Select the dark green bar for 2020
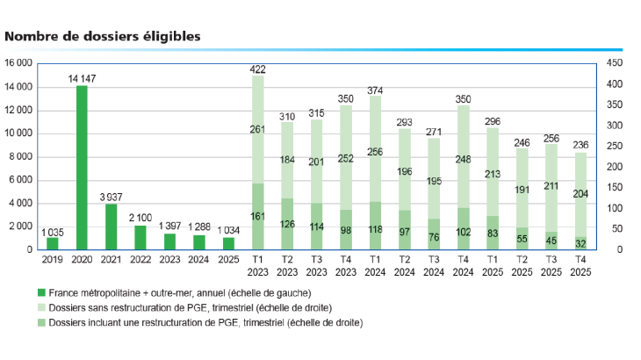coord(82,167)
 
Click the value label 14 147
coord(82,78)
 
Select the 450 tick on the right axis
coord(612,64)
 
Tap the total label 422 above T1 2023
coord(258,68)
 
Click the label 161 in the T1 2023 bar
coord(258,216)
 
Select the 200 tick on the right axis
coord(612,167)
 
